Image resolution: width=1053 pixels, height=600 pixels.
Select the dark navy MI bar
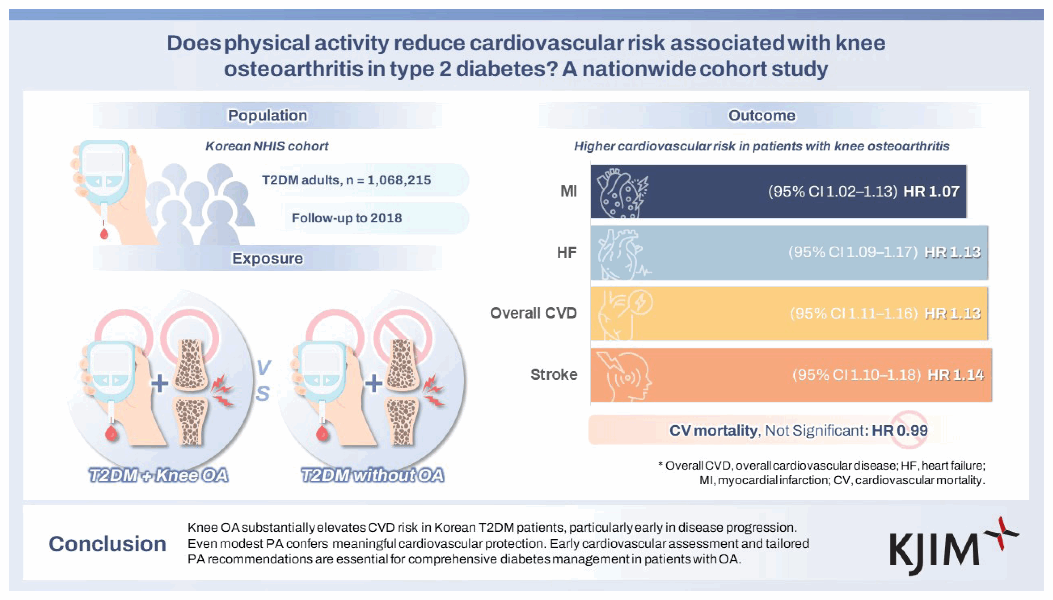pyautogui.click(x=778, y=192)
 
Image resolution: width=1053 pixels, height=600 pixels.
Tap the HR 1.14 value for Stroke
pyautogui.click(x=956, y=375)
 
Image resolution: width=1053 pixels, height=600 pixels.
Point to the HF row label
pyautogui.click(x=567, y=252)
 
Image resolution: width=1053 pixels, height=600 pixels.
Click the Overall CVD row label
pyautogui.click(x=533, y=313)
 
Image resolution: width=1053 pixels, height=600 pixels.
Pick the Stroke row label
pyautogui.click(x=554, y=375)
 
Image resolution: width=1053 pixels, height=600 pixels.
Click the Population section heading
pyautogui.click(x=268, y=115)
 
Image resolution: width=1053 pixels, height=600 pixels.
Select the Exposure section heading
pyautogui.click(x=268, y=258)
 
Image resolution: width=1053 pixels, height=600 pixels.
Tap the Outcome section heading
pyautogui.click(x=761, y=115)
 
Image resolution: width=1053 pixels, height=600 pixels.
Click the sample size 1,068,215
pyautogui.click(x=399, y=180)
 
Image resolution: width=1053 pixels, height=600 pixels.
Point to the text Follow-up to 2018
pyautogui.click(x=347, y=218)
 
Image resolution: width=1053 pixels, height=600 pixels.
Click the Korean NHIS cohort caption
pyautogui.click(x=267, y=146)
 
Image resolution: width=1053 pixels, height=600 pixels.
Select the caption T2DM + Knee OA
pyautogui.click(x=159, y=475)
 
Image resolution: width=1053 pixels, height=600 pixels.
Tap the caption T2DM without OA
pyautogui.click(x=372, y=475)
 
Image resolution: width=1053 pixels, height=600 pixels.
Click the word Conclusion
pyautogui.click(x=108, y=544)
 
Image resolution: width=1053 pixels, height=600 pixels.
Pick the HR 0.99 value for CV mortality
pyautogui.click(x=900, y=430)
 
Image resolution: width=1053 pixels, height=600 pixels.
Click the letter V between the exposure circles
pyautogui.click(x=263, y=367)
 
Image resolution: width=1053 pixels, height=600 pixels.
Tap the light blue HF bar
pyautogui.click(x=789, y=252)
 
